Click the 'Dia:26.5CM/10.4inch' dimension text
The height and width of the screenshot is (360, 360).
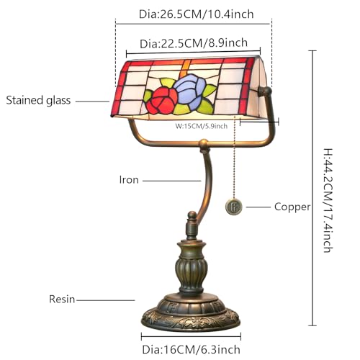pyautogui.click(x=197, y=14)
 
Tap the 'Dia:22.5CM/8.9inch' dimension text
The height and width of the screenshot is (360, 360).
pyautogui.click(x=194, y=43)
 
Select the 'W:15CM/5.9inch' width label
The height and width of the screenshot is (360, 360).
pyautogui.click(x=202, y=126)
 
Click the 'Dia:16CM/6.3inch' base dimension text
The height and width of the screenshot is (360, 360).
pyautogui.click(x=192, y=349)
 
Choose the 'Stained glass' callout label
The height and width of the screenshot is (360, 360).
pyautogui.click(x=38, y=100)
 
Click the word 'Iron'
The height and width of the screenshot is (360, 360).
pyautogui.click(x=129, y=180)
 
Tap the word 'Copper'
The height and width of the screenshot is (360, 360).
pyautogui.click(x=292, y=207)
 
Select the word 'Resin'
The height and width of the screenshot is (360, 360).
pyautogui.click(x=62, y=300)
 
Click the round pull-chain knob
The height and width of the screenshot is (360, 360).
pyautogui.click(x=233, y=207)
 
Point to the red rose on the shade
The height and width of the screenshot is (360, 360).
pyautogui.click(x=162, y=101)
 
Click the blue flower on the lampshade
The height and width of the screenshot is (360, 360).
pyautogui.click(x=189, y=92)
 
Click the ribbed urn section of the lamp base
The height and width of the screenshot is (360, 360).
pyautogui.click(x=191, y=271)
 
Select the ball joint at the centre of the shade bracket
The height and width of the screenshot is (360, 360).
pyautogui.click(x=204, y=143)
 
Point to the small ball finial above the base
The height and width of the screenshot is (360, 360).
pyautogui.click(x=192, y=215)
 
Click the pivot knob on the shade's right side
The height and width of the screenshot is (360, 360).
pyautogui.click(x=265, y=91)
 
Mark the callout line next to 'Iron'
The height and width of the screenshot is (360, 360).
pyautogui.click(x=171, y=181)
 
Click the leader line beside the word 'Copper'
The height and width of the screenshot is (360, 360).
pyautogui.click(x=258, y=207)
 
